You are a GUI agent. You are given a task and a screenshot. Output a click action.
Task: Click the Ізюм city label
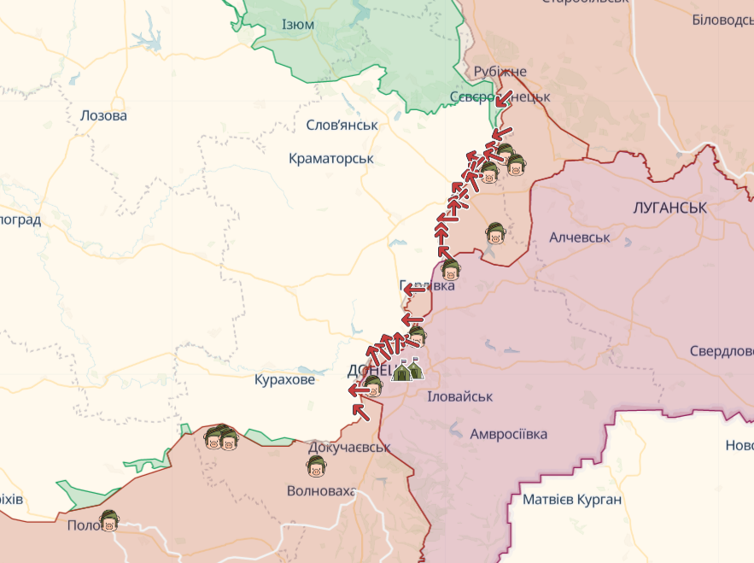point(297,25)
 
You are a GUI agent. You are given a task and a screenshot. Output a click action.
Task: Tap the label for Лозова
point(102,115)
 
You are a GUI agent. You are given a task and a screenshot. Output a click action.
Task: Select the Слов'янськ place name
point(342,125)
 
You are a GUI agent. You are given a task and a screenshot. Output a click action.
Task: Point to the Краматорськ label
point(331,159)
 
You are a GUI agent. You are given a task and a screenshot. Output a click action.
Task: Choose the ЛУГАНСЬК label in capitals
point(670,208)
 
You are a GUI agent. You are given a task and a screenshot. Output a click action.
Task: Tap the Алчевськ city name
point(580,237)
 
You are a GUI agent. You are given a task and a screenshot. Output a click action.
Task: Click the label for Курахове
point(284,379)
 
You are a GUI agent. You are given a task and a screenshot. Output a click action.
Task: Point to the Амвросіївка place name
point(508,434)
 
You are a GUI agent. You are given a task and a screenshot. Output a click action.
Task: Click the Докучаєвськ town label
point(349,447)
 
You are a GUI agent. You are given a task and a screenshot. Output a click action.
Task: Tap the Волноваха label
point(321,491)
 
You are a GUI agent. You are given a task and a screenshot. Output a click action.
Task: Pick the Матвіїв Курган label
point(572,500)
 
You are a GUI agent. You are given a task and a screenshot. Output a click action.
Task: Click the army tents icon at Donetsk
point(407,369)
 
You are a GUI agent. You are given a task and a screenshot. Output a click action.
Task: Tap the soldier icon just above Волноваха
point(316,466)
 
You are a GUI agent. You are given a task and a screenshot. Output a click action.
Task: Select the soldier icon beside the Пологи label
point(108,520)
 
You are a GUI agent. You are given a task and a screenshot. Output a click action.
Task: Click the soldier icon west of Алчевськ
point(495,233)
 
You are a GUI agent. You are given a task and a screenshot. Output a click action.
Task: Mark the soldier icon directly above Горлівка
point(451,272)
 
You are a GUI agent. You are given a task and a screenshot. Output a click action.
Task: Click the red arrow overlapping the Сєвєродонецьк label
point(503,98)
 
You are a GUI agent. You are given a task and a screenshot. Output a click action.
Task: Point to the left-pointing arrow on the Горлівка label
point(414,288)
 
